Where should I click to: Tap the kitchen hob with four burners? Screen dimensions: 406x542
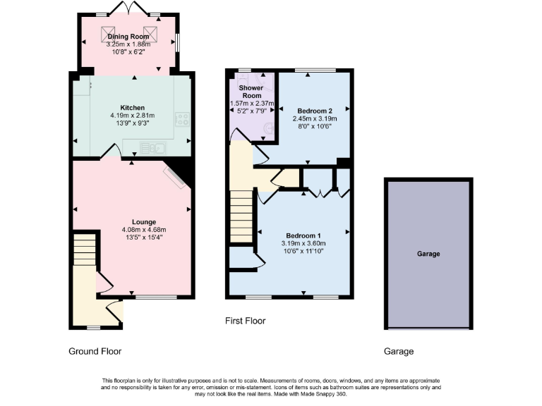point(183,119)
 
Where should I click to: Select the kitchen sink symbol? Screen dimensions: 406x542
point(152,147)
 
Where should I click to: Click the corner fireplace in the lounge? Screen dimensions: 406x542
point(176,175)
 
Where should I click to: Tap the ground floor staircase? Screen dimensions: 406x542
point(84,250)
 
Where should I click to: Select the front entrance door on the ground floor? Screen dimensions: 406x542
point(116,310)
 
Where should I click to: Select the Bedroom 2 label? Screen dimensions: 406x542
point(315,111)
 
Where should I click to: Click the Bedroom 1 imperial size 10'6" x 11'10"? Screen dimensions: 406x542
point(303,252)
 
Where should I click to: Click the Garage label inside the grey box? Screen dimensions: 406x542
point(428,254)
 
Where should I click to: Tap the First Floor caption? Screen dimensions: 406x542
point(245,321)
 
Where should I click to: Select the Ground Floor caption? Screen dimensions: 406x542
point(95,351)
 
